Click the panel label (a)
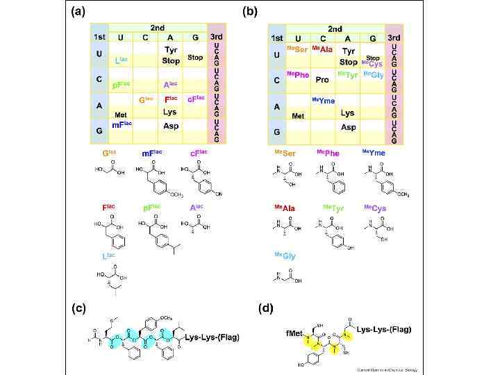78,12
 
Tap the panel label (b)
249,12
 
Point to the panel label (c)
78,307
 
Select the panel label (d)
265,307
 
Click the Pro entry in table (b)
322,80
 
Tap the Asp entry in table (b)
349,127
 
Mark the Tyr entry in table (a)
171,50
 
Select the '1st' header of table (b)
277,37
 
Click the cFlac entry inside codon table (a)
196,99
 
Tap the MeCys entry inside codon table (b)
372,64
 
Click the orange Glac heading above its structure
109,152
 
